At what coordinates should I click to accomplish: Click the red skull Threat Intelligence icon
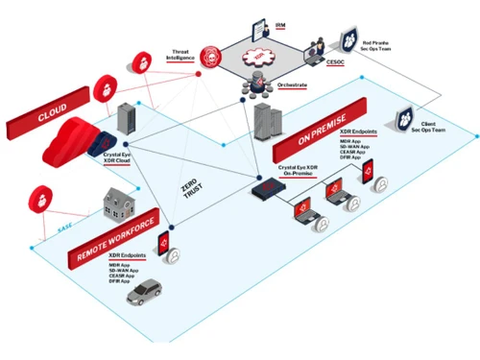click(213, 54)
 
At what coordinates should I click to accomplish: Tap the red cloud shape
click(69, 142)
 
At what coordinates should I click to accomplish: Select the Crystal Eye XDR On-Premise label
click(295, 172)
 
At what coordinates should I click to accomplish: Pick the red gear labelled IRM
click(256, 57)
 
